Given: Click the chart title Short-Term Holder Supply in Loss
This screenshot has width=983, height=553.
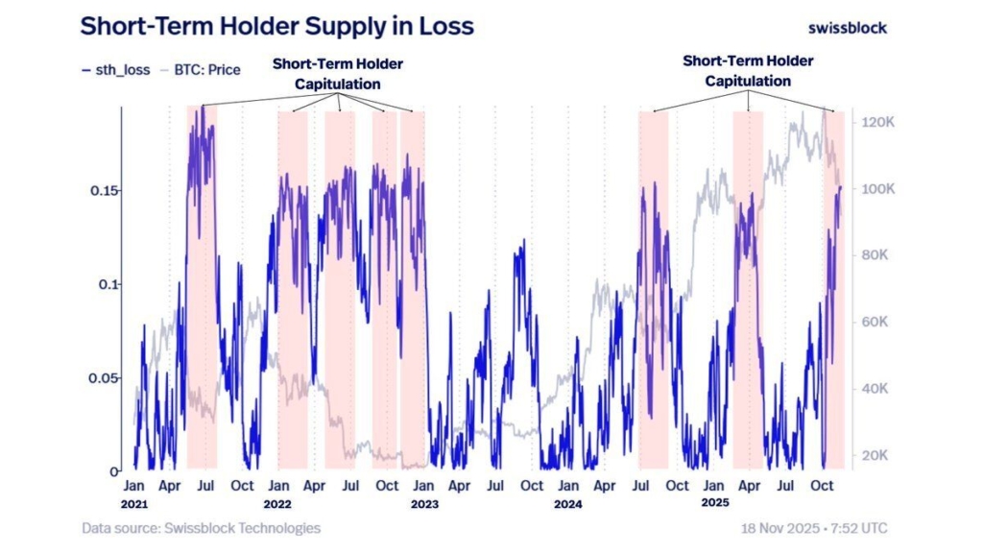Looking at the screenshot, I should point(276,26).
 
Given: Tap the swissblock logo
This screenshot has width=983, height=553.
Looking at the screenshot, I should point(848,27).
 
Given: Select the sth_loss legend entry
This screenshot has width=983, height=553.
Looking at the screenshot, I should point(114,69).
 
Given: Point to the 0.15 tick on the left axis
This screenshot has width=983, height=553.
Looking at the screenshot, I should point(104,191).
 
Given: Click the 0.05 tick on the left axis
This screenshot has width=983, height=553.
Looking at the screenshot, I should point(104,378).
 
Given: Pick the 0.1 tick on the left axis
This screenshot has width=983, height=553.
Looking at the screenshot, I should point(108,285).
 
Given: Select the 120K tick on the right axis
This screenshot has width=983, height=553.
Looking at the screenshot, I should point(879,123).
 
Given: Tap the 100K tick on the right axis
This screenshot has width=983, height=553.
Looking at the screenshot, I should point(879,190).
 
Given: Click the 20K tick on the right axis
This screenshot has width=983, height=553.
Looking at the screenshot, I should point(876,455).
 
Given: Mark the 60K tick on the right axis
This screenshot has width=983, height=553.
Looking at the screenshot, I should point(876,323).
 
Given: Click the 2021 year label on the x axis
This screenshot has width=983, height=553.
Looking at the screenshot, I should point(135,503).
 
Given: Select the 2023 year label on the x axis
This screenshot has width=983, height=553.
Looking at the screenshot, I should point(423,503).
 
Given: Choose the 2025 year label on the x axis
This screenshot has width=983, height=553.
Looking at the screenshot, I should point(713,503).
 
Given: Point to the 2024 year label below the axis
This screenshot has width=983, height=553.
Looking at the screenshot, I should point(567,503).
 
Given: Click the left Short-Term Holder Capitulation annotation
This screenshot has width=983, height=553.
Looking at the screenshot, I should point(338,74).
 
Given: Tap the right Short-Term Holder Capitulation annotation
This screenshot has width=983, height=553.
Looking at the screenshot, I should point(748,71).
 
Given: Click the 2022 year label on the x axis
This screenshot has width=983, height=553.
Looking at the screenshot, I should point(278,503).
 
